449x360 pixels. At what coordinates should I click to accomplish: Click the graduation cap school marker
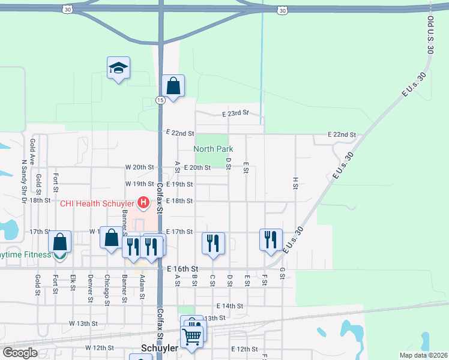[x=119, y=68]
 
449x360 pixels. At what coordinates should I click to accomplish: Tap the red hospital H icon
[x=143, y=203]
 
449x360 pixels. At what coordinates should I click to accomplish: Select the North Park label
[x=213, y=149]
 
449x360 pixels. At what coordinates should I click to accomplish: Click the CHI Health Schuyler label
[x=97, y=203]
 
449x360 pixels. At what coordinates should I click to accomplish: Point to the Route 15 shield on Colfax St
[x=160, y=100]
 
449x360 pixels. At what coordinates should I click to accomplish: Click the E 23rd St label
[x=235, y=113]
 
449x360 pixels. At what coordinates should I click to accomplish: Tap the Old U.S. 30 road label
[x=430, y=35]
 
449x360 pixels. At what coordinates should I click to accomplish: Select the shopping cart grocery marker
[x=191, y=337]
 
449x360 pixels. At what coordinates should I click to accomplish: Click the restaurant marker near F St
[x=271, y=239]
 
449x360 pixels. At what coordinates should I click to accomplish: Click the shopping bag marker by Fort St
[x=60, y=242]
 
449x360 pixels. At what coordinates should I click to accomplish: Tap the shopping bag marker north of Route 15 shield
[x=173, y=86]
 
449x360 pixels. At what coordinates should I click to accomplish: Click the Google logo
[x=20, y=353]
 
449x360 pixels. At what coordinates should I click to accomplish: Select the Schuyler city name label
[x=159, y=348]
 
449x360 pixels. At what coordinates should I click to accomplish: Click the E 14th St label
[x=230, y=306]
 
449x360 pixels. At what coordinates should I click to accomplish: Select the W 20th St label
[x=140, y=167]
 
